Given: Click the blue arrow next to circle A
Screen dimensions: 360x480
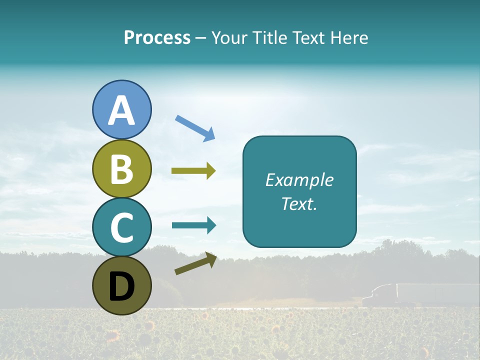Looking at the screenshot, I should [x=195, y=127].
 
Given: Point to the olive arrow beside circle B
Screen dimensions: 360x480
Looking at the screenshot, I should [x=193, y=171].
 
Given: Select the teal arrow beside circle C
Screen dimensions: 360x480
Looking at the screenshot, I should [x=194, y=225].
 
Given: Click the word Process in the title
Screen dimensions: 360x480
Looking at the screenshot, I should [x=157, y=37].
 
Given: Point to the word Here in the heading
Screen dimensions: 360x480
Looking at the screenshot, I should [x=349, y=37].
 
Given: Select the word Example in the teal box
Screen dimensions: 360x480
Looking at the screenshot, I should [x=299, y=180].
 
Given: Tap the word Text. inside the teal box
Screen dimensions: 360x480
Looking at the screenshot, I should [x=299, y=203].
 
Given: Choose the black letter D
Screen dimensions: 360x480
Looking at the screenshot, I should [x=122, y=287].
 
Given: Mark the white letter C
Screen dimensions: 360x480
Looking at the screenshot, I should [x=122, y=228].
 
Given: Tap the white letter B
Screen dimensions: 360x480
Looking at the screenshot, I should [x=122, y=169].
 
